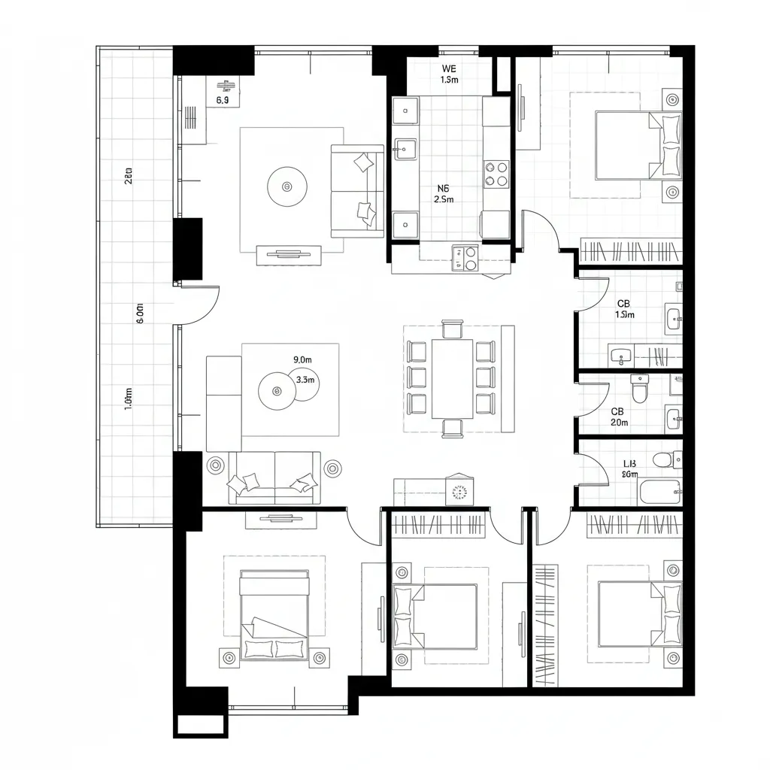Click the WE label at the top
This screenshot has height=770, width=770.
[448, 68]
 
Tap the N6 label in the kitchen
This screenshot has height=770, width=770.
[444, 189]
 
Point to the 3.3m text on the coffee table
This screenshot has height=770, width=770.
[305, 380]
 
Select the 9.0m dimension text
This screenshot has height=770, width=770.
[302, 359]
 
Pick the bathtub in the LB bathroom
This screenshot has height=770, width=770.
[659, 492]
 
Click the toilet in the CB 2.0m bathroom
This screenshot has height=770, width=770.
[639, 389]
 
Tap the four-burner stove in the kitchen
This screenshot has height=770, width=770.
[496, 174]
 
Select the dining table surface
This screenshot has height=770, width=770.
[452, 378]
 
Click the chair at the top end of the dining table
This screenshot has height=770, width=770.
[453, 329]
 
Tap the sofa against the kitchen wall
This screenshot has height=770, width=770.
[357, 190]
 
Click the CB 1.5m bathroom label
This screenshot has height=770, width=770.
[624, 309]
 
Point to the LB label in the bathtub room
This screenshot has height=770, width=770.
[630, 464]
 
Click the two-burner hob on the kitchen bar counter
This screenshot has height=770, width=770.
[465, 258]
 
